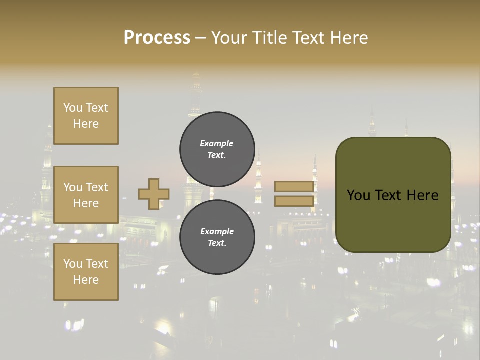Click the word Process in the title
[157, 38]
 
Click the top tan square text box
[86, 116]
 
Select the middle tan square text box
[86, 195]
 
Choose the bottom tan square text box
[86, 272]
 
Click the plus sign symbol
[153, 194]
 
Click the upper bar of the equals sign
[294, 186]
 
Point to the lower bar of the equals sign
[294, 201]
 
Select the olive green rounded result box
[393, 220]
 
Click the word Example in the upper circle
[216, 143]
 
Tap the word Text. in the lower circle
[217, 243]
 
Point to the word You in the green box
[358, 195]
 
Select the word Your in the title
[230, 38]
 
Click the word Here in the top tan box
[86, 124]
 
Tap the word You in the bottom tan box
[73, 264]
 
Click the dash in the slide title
[201, 38]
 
